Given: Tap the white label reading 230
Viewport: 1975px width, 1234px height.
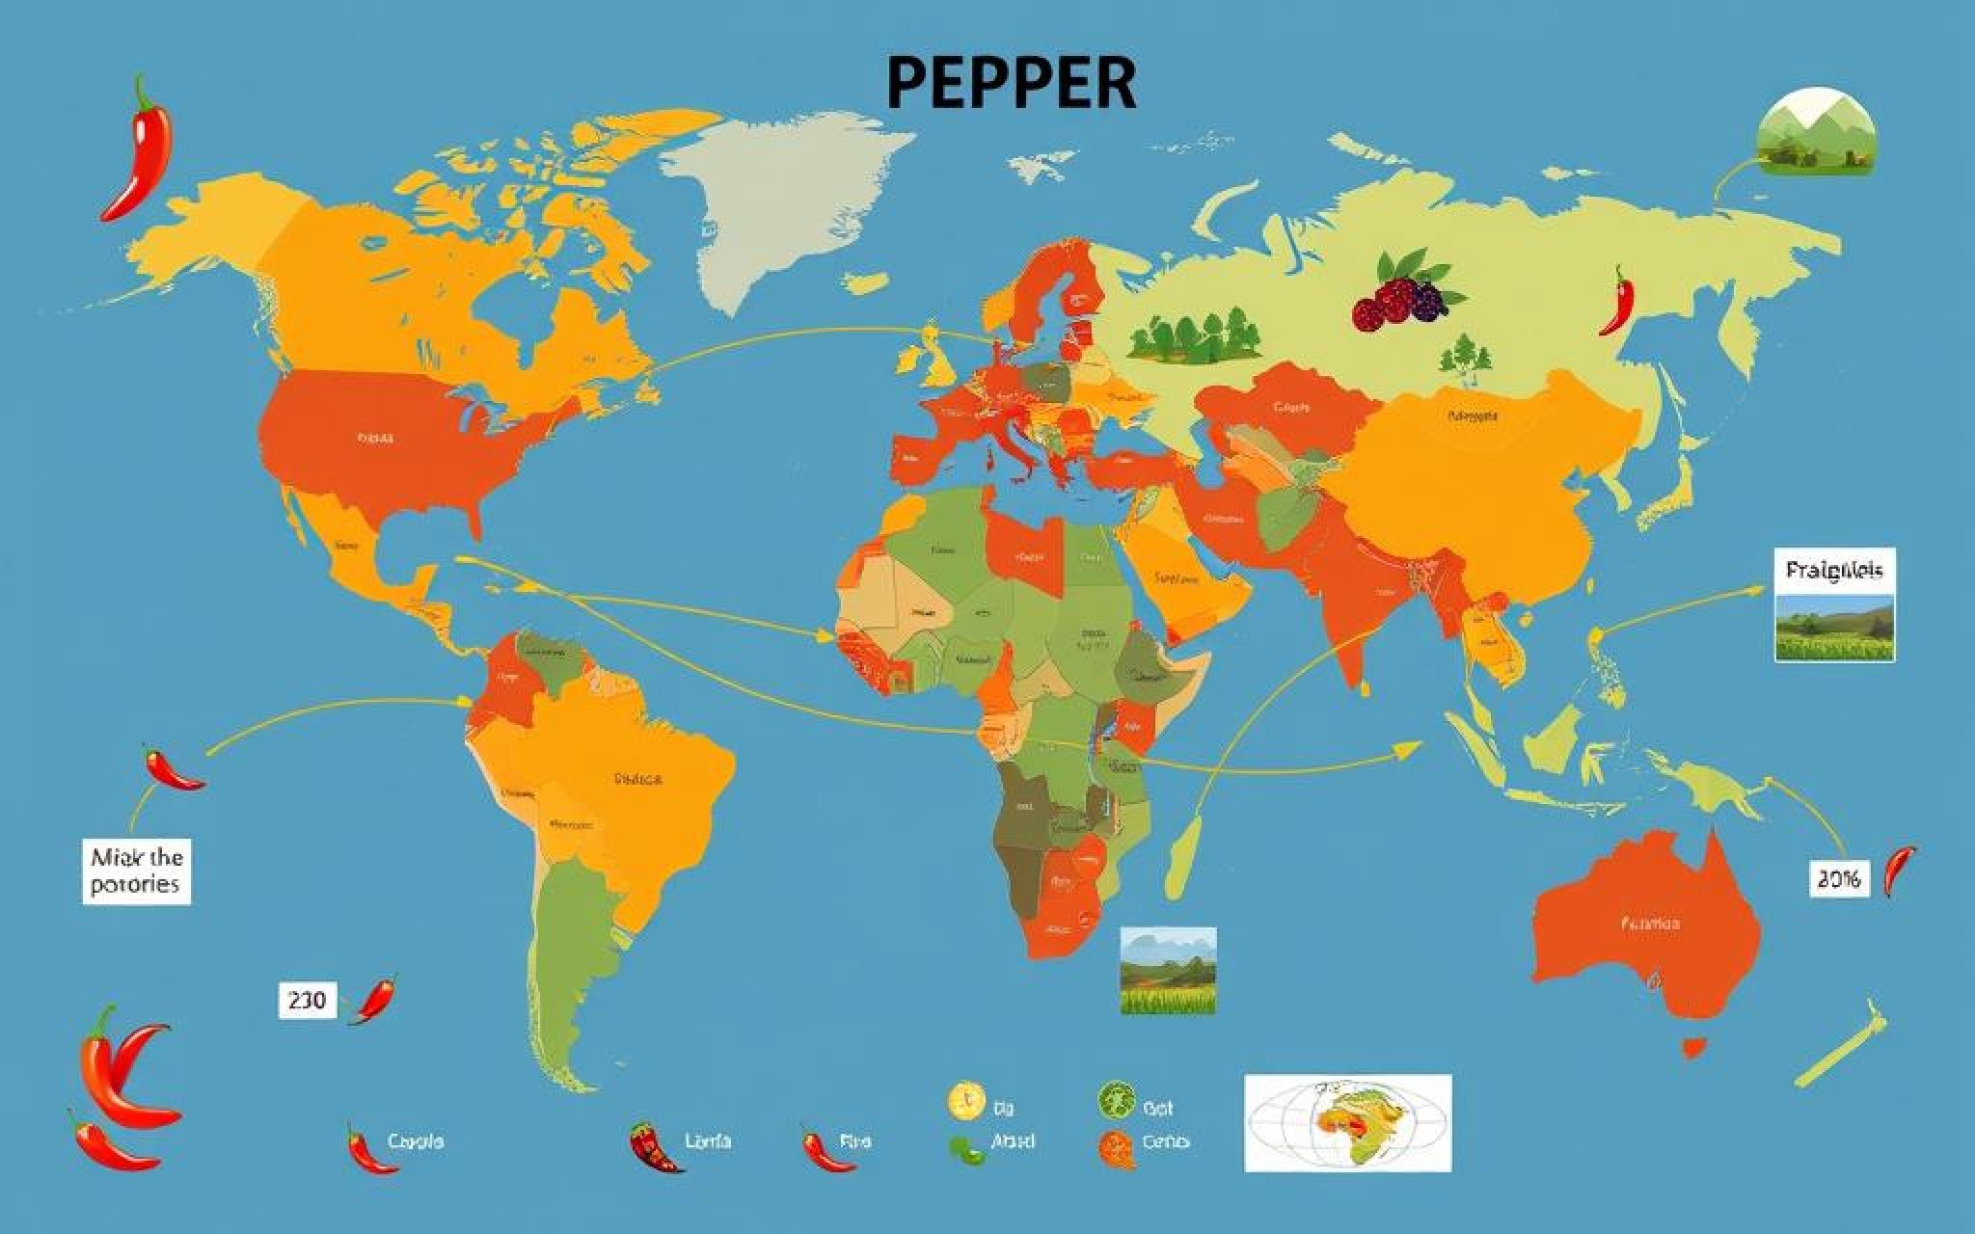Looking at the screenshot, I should point(308,1001).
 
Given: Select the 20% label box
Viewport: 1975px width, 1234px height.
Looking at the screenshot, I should point(1838,878).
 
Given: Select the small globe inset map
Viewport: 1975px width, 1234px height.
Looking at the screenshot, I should point(1347,1122).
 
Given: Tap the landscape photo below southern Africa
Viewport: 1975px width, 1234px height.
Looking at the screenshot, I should point(1168,970).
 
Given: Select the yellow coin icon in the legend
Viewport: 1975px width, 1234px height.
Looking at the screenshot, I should point(965,1099).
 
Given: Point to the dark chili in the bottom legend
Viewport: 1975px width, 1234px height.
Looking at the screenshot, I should point(655,1146).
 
